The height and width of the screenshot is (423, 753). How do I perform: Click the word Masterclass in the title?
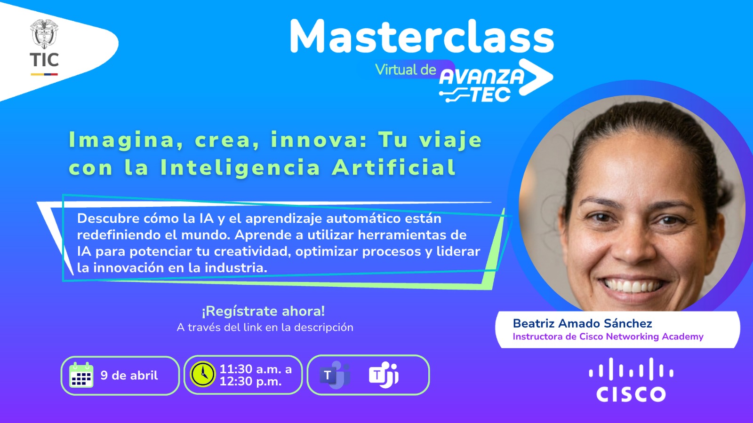[x=422, y=36]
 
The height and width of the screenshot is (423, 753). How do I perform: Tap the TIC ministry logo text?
[x=44, y=60]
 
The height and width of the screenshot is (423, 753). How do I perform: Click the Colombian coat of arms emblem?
[x=44, y=34]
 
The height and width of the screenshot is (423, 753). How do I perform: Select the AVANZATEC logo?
[x=496, y=81]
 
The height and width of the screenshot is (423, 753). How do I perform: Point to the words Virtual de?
[x=405, y=70]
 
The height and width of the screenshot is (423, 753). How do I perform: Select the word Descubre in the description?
[x=108, y=219]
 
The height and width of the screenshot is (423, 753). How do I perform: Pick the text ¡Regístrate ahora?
[x=263, y=311]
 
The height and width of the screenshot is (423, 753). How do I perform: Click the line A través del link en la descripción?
[x=265, y=327]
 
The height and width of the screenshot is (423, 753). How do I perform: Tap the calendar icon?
[x=81, y=375]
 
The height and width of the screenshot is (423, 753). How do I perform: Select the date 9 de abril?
[x=129, y=376]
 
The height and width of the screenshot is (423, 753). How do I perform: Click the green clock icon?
[x=203, y=374]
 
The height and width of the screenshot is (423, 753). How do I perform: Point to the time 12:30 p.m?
[x=250, y=381]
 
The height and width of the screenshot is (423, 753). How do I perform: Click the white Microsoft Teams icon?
[x=384, y=375]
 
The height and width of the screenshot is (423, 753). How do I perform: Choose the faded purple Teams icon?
[x=335, y=375]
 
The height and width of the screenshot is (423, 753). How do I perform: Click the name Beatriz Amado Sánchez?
[x=582, y=323]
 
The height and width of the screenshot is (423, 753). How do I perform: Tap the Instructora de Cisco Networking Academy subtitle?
[x=608, y=337]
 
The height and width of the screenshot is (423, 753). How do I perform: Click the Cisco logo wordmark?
[x=631, y=394]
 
